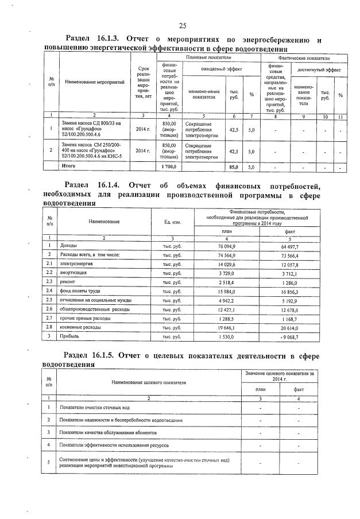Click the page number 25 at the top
[x=183, y=26]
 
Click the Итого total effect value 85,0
[x=234, y=167]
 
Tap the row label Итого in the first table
[x=69, y=166]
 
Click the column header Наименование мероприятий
[x=95, y=83]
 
